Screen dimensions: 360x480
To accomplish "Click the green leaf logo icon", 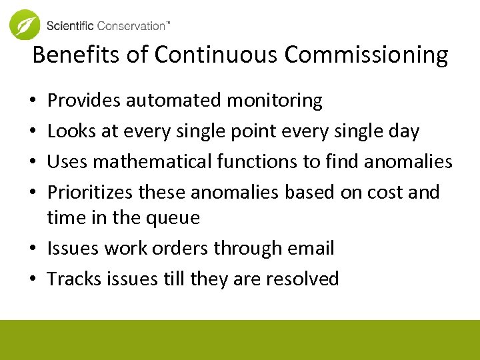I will coord(25,25).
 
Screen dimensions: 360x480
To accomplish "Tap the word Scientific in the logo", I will coord(70,26).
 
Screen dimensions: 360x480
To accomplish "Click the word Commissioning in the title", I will coord(366,55).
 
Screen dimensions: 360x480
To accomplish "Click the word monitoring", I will coord(274,101).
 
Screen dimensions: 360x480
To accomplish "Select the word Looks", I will coord(71,131).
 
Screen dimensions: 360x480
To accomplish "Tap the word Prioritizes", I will coord(90,192).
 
